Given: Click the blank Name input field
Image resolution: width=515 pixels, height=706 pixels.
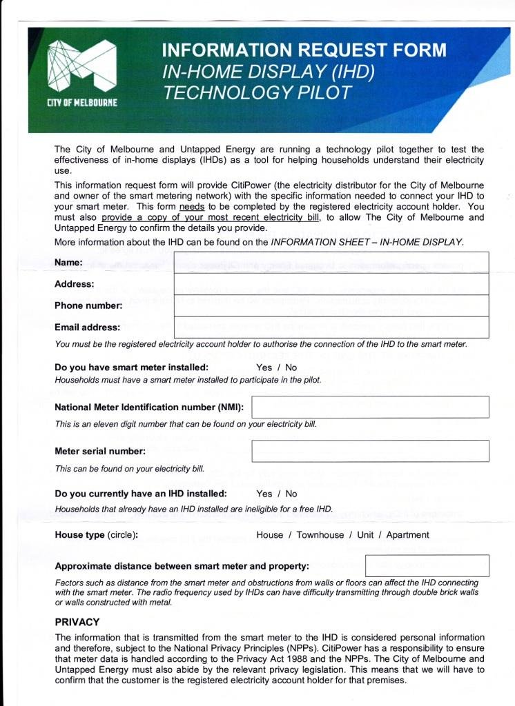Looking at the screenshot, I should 331,263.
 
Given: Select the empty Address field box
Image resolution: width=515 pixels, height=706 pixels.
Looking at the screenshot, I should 331,284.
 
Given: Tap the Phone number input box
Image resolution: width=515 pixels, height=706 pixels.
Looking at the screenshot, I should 331,305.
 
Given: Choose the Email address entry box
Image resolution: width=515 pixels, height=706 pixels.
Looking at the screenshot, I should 331,327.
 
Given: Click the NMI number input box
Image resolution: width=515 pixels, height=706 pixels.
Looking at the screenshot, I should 370,407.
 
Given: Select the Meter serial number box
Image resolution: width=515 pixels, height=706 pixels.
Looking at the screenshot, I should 370,451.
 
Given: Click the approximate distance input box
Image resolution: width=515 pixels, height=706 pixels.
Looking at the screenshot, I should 427,565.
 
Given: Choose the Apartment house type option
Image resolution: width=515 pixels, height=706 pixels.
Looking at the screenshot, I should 407,535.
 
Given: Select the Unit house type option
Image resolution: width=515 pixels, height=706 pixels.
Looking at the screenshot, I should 365,535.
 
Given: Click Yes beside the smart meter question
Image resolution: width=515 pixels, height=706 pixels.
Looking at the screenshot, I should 264,367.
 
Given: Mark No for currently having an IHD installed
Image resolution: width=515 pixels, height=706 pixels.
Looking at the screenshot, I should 291,494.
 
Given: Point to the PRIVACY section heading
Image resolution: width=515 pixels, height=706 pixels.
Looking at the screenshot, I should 77,622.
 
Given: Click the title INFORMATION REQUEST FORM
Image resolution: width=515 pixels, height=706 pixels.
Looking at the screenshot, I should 304,50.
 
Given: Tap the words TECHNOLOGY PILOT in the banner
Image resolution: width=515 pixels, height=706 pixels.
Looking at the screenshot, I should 257,93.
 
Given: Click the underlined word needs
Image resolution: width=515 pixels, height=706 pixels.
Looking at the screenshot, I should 191,206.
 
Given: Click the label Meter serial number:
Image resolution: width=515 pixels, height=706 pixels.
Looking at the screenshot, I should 100,452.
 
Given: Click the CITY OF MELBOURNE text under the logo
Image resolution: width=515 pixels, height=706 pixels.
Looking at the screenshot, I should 81,103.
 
